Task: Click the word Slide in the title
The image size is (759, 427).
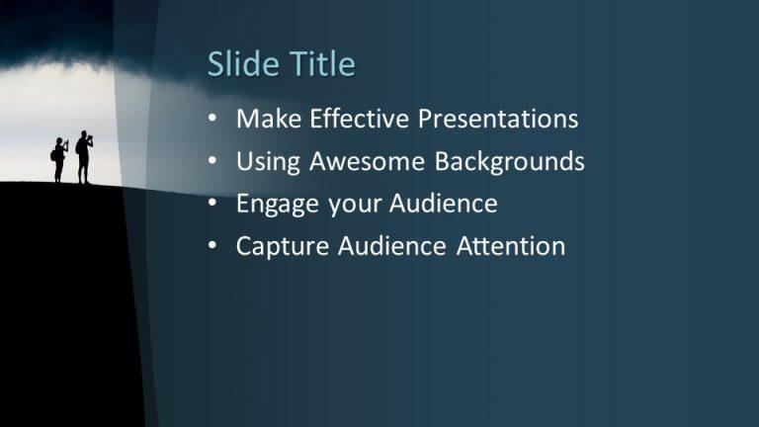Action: [242, 64]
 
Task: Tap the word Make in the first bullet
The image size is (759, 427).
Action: [269, 120]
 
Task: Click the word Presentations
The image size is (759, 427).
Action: [498, 120]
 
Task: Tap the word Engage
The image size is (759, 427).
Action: [276, 205]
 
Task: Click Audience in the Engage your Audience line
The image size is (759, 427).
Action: [443, 205]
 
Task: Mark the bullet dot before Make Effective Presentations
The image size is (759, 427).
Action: [213, 121]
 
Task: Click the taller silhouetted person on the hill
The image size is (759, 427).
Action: [84, 157]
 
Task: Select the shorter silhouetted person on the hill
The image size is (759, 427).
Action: [59, 160]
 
